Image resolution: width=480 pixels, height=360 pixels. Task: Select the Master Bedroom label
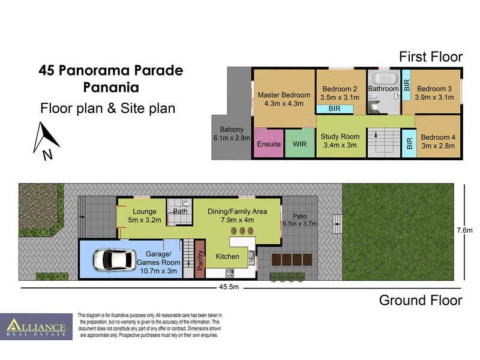284,99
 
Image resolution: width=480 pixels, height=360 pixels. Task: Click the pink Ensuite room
269,144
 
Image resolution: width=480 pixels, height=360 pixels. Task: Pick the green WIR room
299,144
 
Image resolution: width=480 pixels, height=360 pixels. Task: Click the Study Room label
341,140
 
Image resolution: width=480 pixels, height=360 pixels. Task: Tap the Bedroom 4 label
437,141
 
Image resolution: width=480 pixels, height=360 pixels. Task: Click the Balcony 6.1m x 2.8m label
232,134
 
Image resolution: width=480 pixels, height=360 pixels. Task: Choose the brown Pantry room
200,259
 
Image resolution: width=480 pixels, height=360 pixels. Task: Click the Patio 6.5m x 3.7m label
300,220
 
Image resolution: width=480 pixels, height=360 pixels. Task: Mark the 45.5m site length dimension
229,287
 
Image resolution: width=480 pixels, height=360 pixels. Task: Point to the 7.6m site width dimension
464,230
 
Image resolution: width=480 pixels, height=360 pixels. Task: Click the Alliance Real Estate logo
36,327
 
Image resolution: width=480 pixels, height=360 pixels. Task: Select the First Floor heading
431,57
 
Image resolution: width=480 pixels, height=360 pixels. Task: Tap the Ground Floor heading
420,300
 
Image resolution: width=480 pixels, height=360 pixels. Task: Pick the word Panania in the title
110,88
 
